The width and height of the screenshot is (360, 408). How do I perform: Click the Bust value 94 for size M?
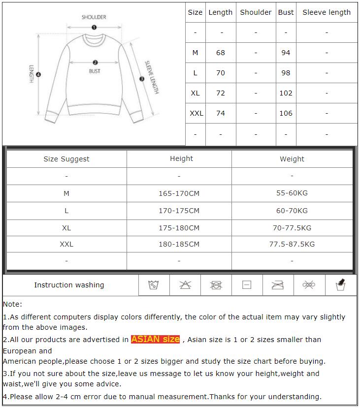(x=286, y=53)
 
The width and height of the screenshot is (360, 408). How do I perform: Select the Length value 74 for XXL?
(x=221, y=113)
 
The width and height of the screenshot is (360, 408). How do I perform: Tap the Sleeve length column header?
(x=327, y=12)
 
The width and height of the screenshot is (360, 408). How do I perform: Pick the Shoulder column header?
(x=256, y=12)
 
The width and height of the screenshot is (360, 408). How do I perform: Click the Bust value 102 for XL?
(x=286, y=93)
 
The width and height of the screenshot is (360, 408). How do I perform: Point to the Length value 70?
(x=221, y=73)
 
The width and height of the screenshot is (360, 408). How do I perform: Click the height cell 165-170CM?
(x=179, y=193)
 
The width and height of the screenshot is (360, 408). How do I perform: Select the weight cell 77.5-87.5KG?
(x=292, y=244)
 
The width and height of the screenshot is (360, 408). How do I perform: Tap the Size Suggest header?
(x=66, y=159)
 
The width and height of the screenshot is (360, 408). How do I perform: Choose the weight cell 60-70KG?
(x=292, y=211)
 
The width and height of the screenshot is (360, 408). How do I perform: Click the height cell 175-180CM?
(x=179, y=228)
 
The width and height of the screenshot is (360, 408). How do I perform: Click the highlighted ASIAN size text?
(x=156, y=339)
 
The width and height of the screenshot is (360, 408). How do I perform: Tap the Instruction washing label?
(x=69, y=285)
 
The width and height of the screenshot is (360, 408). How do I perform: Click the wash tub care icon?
(x=154, y=285)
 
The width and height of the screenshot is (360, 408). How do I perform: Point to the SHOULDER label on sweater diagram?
(x=94, y=17)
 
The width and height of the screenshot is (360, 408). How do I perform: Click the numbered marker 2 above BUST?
(x=95, y=63)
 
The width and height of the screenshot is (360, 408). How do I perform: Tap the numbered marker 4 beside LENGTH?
(x=38, y=75)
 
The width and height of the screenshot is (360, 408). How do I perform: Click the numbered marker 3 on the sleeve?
(x=142, y=79)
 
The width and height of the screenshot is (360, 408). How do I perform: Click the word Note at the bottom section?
(x=12, y=304)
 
